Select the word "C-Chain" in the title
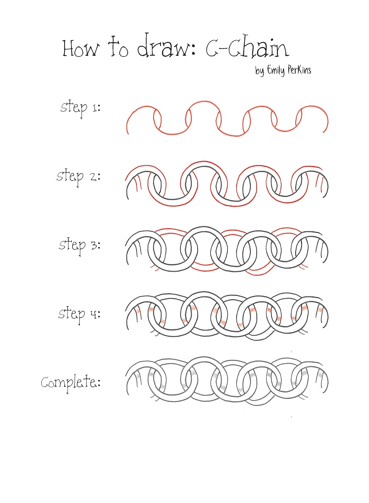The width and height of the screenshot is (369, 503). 248,46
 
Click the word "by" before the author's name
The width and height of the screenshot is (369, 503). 259,71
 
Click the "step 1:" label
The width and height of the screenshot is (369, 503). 80,108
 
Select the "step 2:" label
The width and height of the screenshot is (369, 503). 78,177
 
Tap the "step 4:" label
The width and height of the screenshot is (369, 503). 79,314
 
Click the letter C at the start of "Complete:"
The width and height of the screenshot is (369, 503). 45,382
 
